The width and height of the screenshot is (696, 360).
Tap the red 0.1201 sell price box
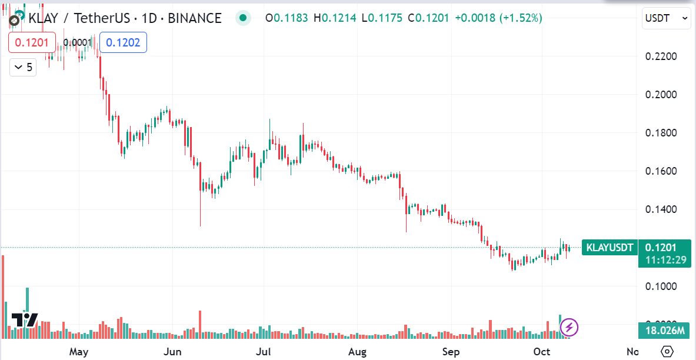[x=32, y=42]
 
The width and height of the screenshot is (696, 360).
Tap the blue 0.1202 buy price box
[x=123, y=42]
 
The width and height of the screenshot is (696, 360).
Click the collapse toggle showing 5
[x=23, y=67]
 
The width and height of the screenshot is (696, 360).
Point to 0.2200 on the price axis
[x=661, y=56]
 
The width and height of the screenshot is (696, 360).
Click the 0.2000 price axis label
[x=661, y=95]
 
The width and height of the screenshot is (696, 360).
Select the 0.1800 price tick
[x=661, y=133]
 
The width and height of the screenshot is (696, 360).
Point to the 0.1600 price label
[x=661, y=171]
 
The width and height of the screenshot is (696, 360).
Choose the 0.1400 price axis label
[x=661, y=209]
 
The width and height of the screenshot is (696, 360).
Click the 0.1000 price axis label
[x=661, y=286]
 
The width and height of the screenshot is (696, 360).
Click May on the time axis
[x=78, y=352]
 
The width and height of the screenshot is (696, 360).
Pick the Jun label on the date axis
[x=172, y=352]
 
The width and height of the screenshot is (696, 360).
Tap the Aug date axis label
[x=357, y=352]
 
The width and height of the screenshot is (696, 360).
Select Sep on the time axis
[x=451, y=352]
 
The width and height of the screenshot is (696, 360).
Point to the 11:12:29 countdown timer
[x=664, y=259]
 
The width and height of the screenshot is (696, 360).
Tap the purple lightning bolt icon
[x=569, y=327]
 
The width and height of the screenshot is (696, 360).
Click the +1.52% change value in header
[x=521, y=18]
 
